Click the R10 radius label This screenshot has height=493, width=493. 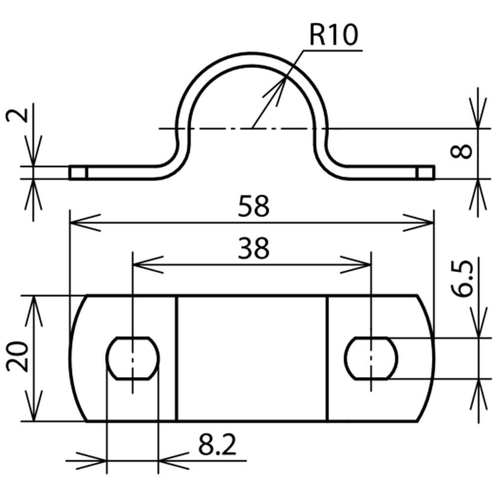pyautogui.click(x=333, y=35)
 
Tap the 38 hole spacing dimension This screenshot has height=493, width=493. pyautogui.click(x=253, y=248)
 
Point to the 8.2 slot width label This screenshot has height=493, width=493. pyautogui.click(x=217, y=446)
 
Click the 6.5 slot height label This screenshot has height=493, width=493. pyautogui.click(x=464, y=279)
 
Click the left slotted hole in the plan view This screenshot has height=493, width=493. pyautogui.click(x=133, y=358)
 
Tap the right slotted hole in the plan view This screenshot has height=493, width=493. pyautogui.click(x=371, y=358)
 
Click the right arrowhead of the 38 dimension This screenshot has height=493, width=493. pyautogui.click(x=357, y=264)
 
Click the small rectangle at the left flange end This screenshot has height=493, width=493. pyautogui.click(x=78, y=173)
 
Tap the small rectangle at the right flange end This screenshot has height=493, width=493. pyautogui.click(x=425, y=173)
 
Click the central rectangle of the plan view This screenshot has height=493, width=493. pyautogui.click(x=252, y=358)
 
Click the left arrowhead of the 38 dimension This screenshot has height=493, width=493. pyautogui.click(x=147, y=264)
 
